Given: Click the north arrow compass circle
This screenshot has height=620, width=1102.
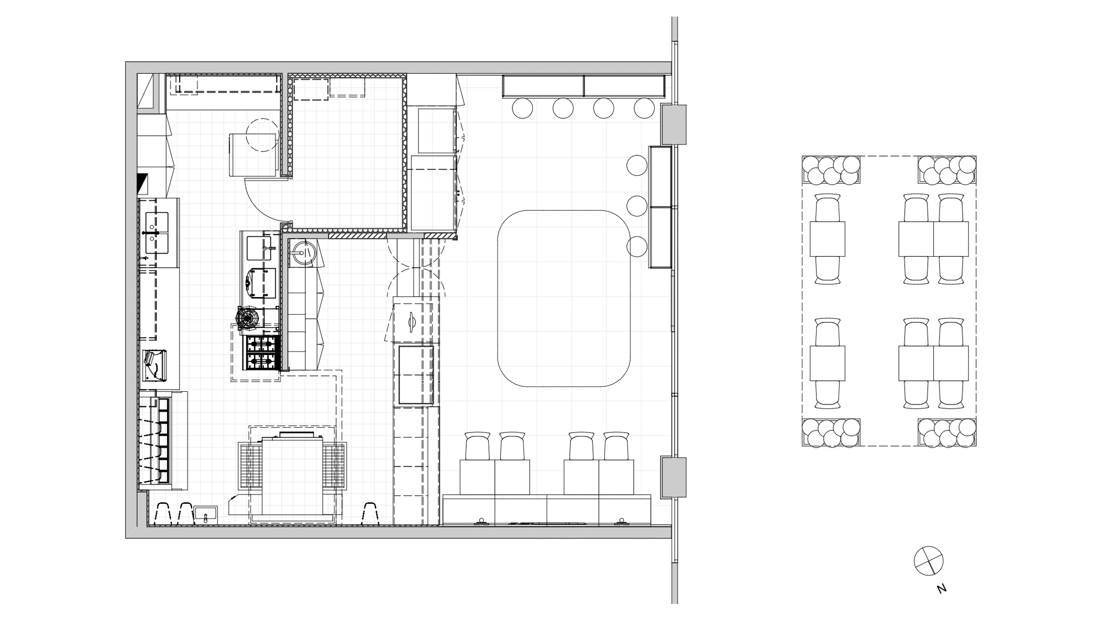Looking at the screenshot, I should [x=928, y=561].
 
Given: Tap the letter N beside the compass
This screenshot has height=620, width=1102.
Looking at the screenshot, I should [x=942, y=589].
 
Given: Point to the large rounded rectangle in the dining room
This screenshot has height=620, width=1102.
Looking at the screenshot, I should [x=564, y=298].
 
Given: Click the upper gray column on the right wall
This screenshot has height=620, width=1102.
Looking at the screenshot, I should [x=673, y=125].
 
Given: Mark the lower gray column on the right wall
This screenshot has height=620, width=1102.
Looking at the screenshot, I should [x=673, y=477].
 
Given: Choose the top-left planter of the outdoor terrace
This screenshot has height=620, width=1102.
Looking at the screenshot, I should [x=830, y=170].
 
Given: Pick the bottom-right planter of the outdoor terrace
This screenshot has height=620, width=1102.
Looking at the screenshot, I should [x=947, y=433].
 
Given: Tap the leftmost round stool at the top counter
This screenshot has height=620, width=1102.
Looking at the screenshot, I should [x=522, y=108].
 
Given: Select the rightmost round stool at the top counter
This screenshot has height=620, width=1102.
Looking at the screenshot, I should [x=644, y=108].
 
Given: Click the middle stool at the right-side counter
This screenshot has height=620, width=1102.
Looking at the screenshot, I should [x=637, y=206].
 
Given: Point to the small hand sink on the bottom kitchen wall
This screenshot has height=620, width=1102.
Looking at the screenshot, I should [x=206, y=515].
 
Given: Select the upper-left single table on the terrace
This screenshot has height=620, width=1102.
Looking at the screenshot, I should [x=827, y=239].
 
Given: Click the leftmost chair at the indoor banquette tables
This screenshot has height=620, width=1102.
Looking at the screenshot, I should [x=477, y=446].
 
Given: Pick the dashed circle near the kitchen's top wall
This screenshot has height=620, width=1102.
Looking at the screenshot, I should [x=262, y=135].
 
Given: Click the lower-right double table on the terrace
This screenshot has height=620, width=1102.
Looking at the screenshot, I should [x=933, y=363].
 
